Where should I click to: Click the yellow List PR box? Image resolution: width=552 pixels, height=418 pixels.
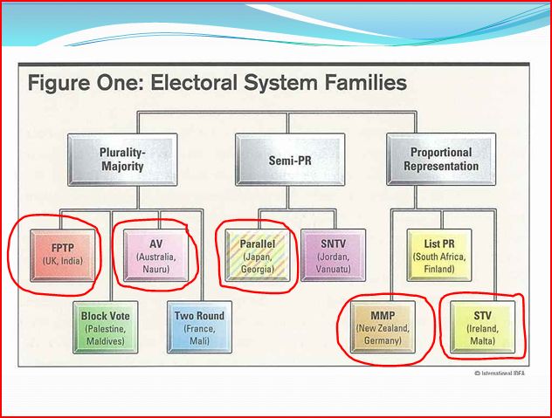pyautogui.click(x=439, y=252)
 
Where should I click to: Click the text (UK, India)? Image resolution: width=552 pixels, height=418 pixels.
pyautogui.click(x=55, y=262)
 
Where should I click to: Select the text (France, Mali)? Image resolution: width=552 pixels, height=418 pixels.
pyautogui.click(x=198, y=333)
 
